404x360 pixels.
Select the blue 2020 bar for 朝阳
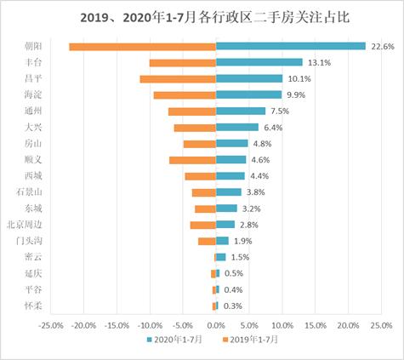[x=290, y=46]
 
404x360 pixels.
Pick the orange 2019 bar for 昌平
[x=177, y=78]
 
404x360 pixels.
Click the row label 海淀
[x=30, y=94]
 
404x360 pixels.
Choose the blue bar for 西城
[x=230, y=176]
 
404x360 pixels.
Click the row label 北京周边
[x=23, y=225]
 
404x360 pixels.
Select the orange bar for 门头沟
[x=207, y=241]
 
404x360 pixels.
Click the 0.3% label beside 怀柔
[x=232, y=306]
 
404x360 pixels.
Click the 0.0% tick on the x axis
[x=216, y=324]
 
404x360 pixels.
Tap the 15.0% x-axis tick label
[x=315, y=324]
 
